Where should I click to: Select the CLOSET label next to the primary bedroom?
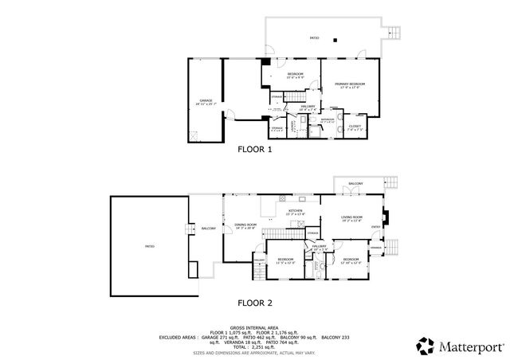tap(355, 126)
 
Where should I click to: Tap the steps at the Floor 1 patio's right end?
tap(391, 33)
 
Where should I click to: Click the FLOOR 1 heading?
tap(255, 149)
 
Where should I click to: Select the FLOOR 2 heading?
tap(255, 303)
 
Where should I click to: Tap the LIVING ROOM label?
tap(351, 218)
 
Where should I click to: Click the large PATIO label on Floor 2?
tap(150, 247)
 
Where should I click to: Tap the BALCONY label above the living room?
tap(355, 184)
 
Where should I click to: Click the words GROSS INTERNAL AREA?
tap(255, 327)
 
